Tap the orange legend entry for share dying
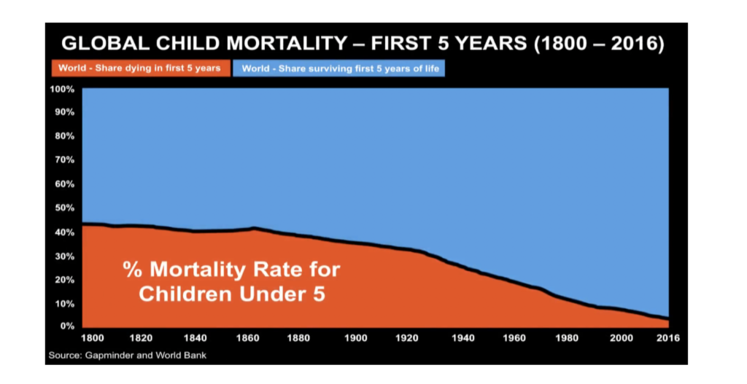point(139,69)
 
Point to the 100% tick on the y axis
point(62,89)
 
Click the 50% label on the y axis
point(64,208)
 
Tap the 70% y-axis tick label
point(64,160)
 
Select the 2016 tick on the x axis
point(668,338)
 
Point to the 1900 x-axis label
point(355,338)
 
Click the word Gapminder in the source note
point(107,356)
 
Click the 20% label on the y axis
point(64,279)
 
